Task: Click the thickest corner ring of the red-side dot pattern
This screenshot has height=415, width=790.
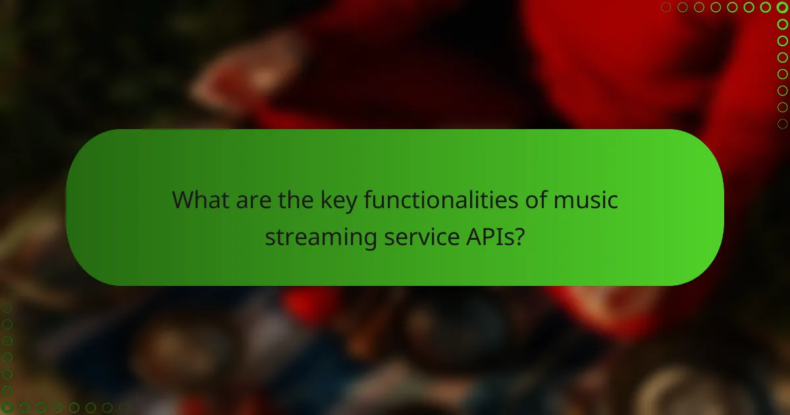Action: (782, 7)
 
